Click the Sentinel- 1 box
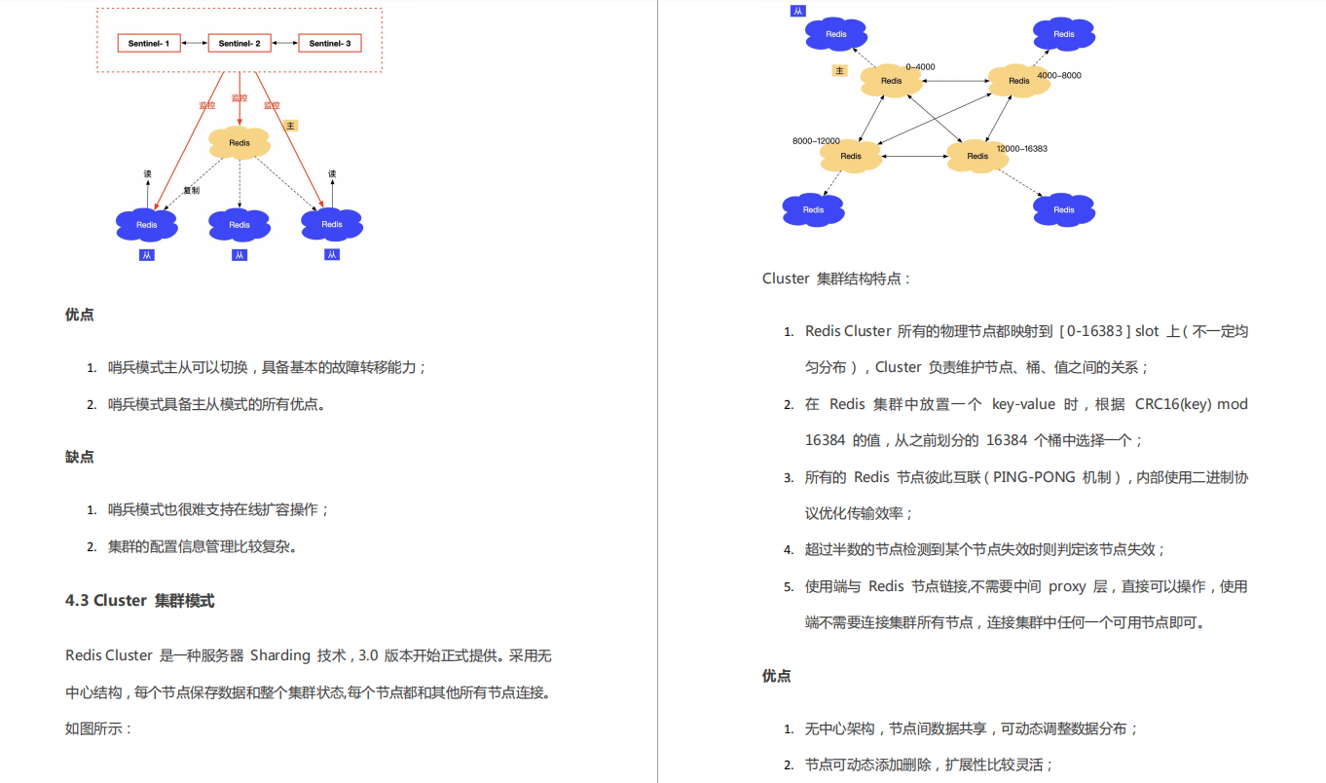pos(149,43)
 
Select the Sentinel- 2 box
pos(239,43)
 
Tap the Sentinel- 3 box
pos(330,43)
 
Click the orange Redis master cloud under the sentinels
pos(239,142)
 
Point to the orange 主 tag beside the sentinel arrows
pos(290,126)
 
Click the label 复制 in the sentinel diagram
pos(191,190)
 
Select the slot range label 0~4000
pos(920,67)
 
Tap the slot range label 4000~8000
pos(1058,75)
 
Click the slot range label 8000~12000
pos(816,141)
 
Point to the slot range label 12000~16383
pos(1021,148)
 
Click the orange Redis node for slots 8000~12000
pos(851,156)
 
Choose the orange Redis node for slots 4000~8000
pos(1018,81)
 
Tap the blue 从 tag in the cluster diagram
pos(798,11)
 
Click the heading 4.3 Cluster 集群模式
pos(139,600)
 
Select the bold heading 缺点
pos(80,456)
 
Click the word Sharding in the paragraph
pos(279,655)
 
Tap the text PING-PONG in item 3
pos(1034,476)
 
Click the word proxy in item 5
pos(1067,586)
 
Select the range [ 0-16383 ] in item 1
pos(1093,330)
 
